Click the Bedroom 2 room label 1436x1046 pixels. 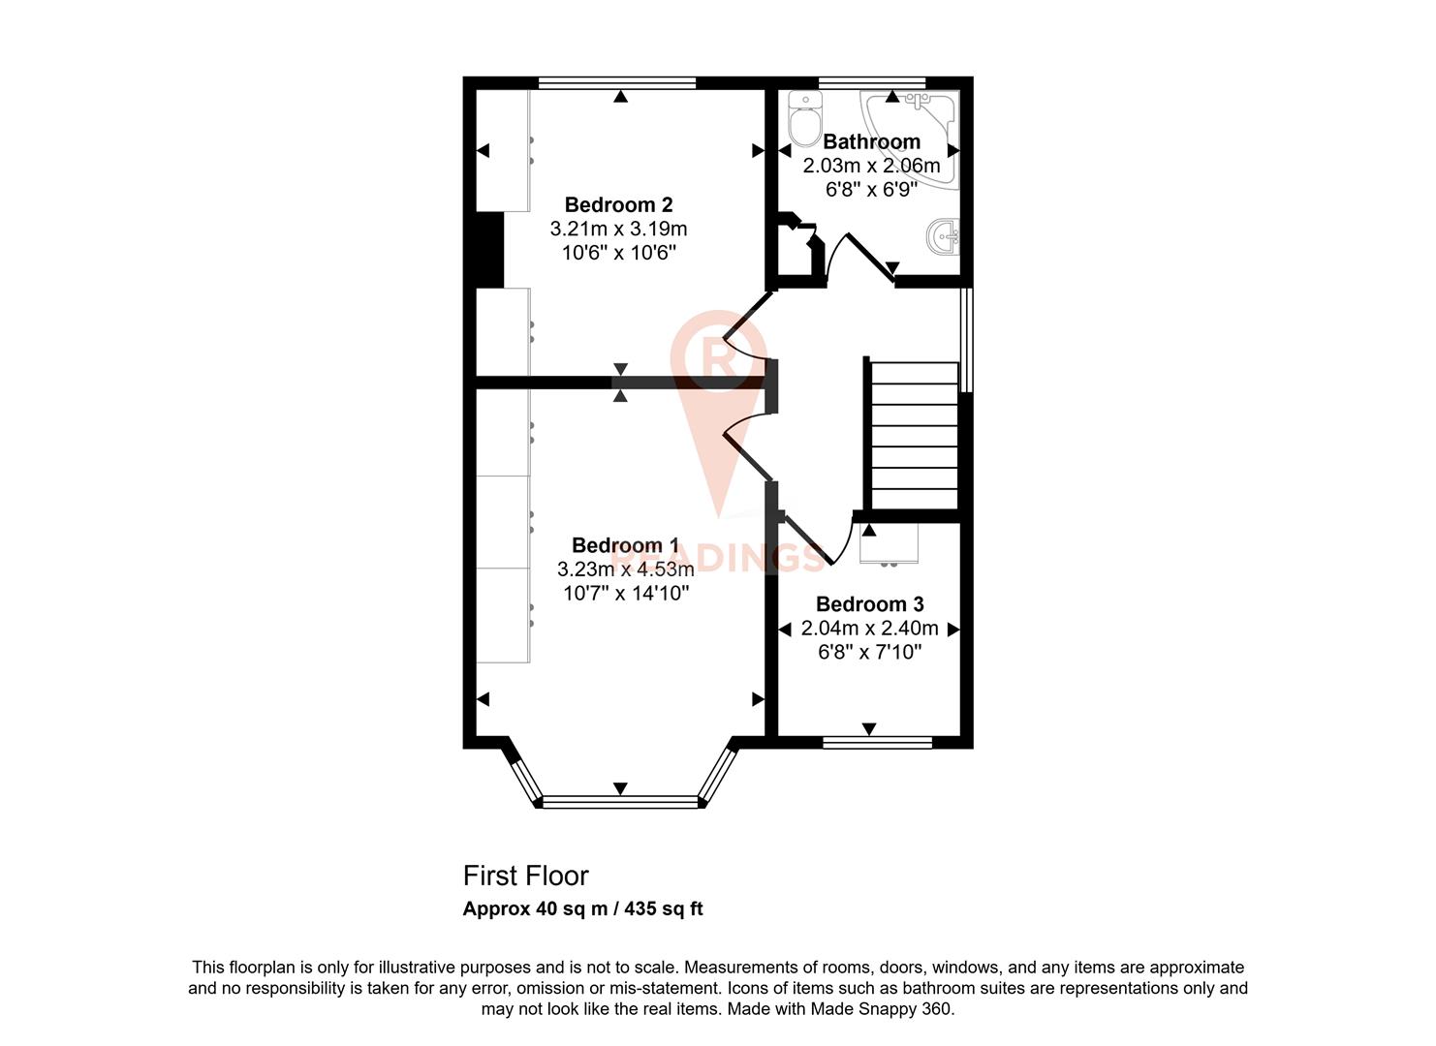pyautogui.click(x=618, y=204)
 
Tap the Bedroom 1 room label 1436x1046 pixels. pyautogui.click(x=625, y=545)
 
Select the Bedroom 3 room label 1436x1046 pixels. pyautogui.click(x=869, y=604)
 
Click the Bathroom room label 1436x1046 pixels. pyautogui.click(x=871, y=141)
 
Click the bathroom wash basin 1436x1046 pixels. pyautogui.click(x=944, y=236)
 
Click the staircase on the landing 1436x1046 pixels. pyautogui.click(x=914, y=436)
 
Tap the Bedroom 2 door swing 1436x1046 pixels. pyautogui.click(x=746, y=334)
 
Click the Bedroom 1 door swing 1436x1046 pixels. pyautogui.click(x=746, y=441)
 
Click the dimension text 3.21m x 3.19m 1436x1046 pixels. pyautogui.click(x=618, y=230)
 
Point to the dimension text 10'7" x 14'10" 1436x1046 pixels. pyautogui.click(x=625, y=593)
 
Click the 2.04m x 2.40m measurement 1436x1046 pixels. pyautogui.click(x=869, y=629)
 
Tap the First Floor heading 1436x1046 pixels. pyautogui.click(x=525, y=876)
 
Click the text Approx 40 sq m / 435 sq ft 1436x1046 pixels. pyautogui.click(x=582, y=909)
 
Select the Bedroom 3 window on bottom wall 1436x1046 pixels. pyautogui.click(x=877, y=743)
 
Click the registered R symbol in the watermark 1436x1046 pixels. pyautogui.click(x=718, y=354)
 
